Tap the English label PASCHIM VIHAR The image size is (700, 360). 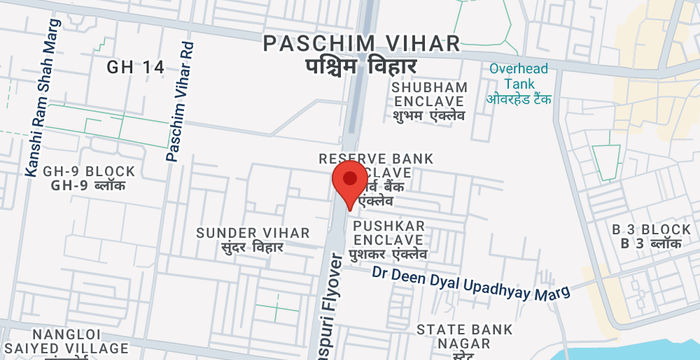(361, 43)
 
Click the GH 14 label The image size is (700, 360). (135, 67)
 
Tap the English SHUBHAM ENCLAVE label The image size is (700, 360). (430, 94)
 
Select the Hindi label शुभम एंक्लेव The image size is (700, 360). (430, 116)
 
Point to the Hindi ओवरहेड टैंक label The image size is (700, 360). (520, 99)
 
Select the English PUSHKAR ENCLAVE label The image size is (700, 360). (388, 233)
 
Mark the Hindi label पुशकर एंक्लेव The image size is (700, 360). (388, 257)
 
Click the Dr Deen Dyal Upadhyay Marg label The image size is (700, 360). (471, 283)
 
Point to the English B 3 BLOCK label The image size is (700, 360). (651, 229)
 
